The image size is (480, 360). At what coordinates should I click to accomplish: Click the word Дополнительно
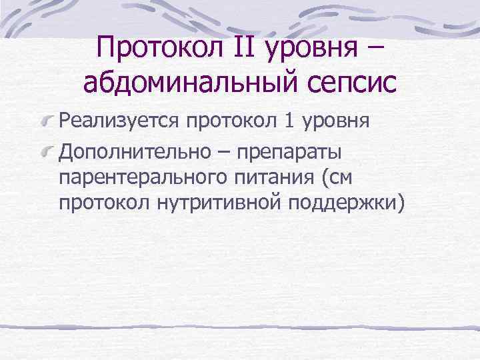click(129, 153)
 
